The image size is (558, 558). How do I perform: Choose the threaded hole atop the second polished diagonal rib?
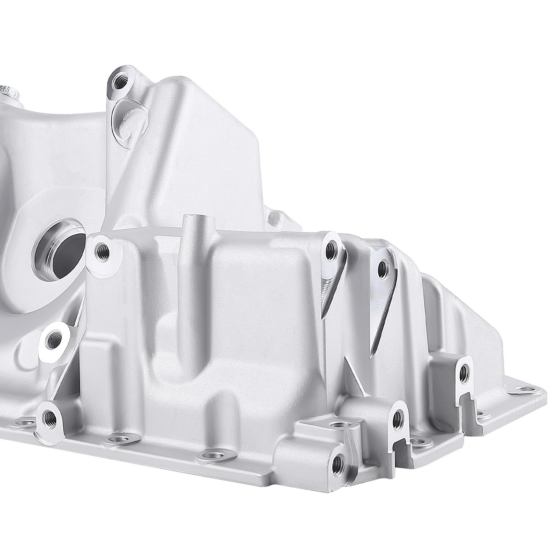[383, 267]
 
